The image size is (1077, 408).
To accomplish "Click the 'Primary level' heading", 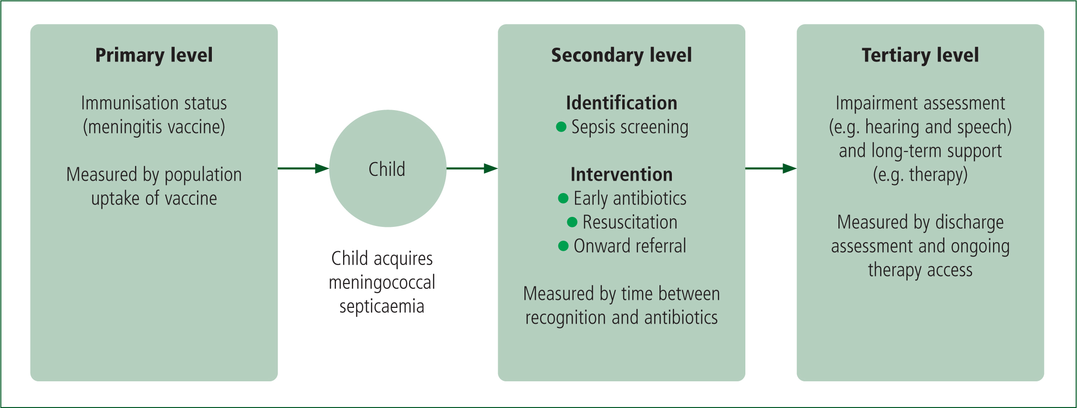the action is pyautogui.click(x=154, y=55).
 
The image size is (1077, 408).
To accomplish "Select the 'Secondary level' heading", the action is pyautogui.click(x=621, y=55).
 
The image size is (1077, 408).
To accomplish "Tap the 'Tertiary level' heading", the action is pyautogui.click(x=920, y=55).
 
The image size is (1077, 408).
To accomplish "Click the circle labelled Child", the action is pyautogui.click(x=387, y=168).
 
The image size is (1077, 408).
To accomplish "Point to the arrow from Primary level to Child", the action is pyautogui.click(x=303, y=168).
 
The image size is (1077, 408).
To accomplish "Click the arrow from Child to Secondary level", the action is pyautogui.click(x=472, y=168).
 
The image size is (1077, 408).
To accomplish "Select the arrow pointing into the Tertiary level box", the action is pyautogui.click(x=771, y=168).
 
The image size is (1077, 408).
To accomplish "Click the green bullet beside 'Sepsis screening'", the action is pyautogui.click(x=561, y=127).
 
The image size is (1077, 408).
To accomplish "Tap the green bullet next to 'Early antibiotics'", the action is pyautogui.click(x=563, y=198).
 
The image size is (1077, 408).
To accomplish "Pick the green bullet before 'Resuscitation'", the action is pyautogui.click(x=572, y=222).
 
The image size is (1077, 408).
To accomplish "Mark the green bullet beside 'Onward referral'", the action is pyautogui.click(x=563, y=246).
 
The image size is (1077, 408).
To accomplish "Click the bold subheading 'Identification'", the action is pyautogui.click(x=621, y=103).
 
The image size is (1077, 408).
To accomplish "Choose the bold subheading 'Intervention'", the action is pyautogui.click(x=621, y=174).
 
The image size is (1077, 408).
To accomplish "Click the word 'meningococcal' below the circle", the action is pyautogui.click(x=382, y=283).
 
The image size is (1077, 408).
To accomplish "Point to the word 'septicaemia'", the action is pyautogui.click(x=382, y=306).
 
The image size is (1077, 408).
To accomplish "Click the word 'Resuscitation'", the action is pyautogui.click(x=630, y=222).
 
